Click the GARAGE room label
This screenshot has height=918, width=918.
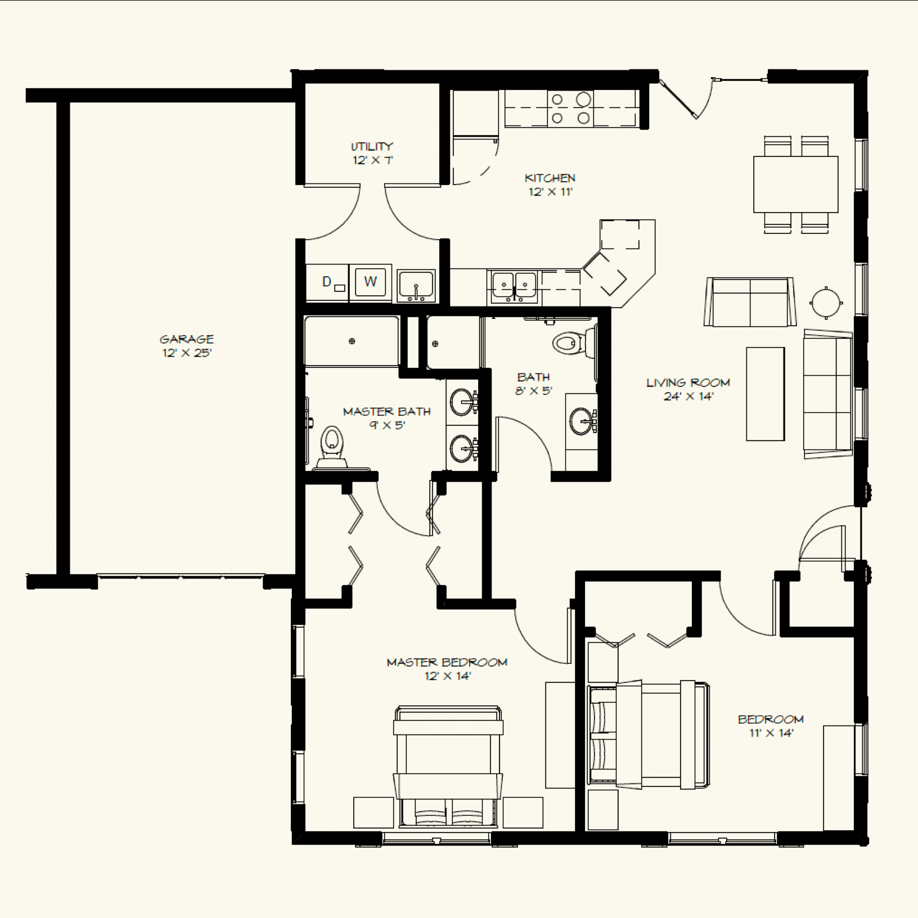click(187, 339)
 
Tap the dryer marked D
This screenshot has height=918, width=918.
click(327, 282)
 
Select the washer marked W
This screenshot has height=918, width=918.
click(370, 281)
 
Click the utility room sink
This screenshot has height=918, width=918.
click(416, 285)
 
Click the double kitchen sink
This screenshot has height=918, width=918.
click(514, 285)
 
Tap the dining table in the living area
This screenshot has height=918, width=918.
click(795, 184)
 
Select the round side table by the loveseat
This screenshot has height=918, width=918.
click(826, 303)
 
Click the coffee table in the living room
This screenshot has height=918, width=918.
click(765, 394)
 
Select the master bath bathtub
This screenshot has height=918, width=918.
click(352, 341)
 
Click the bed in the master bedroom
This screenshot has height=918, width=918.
click(448, 768)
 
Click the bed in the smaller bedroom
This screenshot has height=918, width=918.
click(647, 734)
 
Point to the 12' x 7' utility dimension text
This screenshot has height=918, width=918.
click(372, 160)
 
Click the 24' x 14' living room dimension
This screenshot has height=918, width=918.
click(688, 396)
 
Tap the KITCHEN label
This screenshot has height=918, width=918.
click(550, 178)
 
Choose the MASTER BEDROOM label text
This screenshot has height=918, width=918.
click(447, 662)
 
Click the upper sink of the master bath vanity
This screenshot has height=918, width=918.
click(462, 401)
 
